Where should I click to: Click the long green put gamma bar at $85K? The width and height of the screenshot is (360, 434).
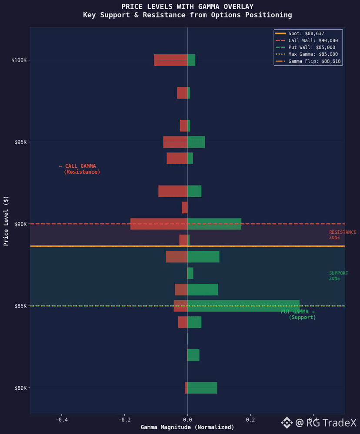[243, 306]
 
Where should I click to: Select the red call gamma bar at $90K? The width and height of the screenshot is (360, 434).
[159, 224]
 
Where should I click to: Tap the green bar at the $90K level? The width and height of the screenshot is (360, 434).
[214, 224]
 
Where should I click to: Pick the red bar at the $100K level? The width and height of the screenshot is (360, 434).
[170, 60]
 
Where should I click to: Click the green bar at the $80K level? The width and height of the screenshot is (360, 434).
[202, 388]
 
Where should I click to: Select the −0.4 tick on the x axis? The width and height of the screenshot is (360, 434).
[61, 420]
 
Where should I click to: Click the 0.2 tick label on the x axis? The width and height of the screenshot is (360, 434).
[250, 420]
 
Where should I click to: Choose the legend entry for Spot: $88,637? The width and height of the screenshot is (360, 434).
[306, 33]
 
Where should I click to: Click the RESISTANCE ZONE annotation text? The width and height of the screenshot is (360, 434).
[342, 235]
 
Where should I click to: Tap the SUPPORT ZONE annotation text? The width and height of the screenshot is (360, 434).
[338, 276]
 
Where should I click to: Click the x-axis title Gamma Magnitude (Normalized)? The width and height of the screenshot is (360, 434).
[187, 427]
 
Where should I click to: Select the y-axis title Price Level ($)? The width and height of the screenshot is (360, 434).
[6, 221]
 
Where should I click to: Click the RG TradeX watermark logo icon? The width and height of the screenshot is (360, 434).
[287, 422]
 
